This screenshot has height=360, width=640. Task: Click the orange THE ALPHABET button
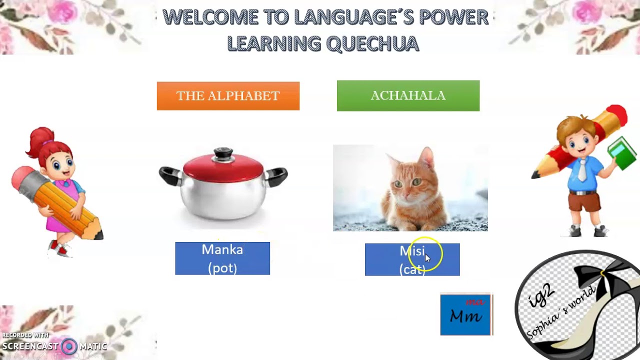pyautogui.click(x=228, y=96)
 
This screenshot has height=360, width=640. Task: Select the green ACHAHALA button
pyautogui.click(x=408, y=95)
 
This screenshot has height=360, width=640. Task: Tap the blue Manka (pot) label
pyautogui.click(x=222, y=258)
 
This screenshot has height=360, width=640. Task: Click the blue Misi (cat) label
pyautogui.click(x=412, y=259)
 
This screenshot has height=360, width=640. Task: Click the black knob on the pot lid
pyautogui.click(x=223, y=152)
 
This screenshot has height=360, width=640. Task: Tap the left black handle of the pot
pyautogui.click(x=169, y=174)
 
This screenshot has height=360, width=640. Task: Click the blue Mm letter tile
pyautogui.click(x=465, y=314)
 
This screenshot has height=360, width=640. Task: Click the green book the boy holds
pyautogui.click(x=622, y=153)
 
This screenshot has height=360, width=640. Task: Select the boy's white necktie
pyautogui.click(x=582, y=170)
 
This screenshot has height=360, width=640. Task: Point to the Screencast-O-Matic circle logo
pyautogui.click(x=69, y=346)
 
